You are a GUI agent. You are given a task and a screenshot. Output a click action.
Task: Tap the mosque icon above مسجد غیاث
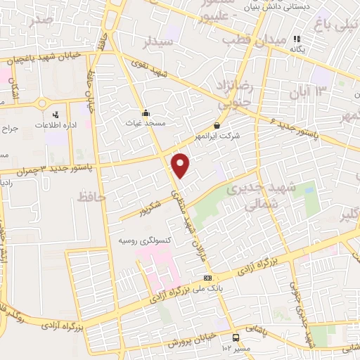click(x=146, y=112)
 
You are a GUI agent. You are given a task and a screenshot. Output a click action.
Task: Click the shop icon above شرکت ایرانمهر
click(x=217, y=126)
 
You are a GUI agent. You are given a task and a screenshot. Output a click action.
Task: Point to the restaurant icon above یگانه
click(x=297, y=39)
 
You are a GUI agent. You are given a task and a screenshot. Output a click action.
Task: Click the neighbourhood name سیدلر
click(x=158, y=42)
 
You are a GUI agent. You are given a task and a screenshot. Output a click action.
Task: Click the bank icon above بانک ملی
click(x=207, y=278)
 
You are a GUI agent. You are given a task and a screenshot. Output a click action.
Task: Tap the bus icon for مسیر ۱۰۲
click(x=234, y=337)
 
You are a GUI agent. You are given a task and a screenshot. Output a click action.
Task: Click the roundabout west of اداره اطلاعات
click(x=43, y=103)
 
